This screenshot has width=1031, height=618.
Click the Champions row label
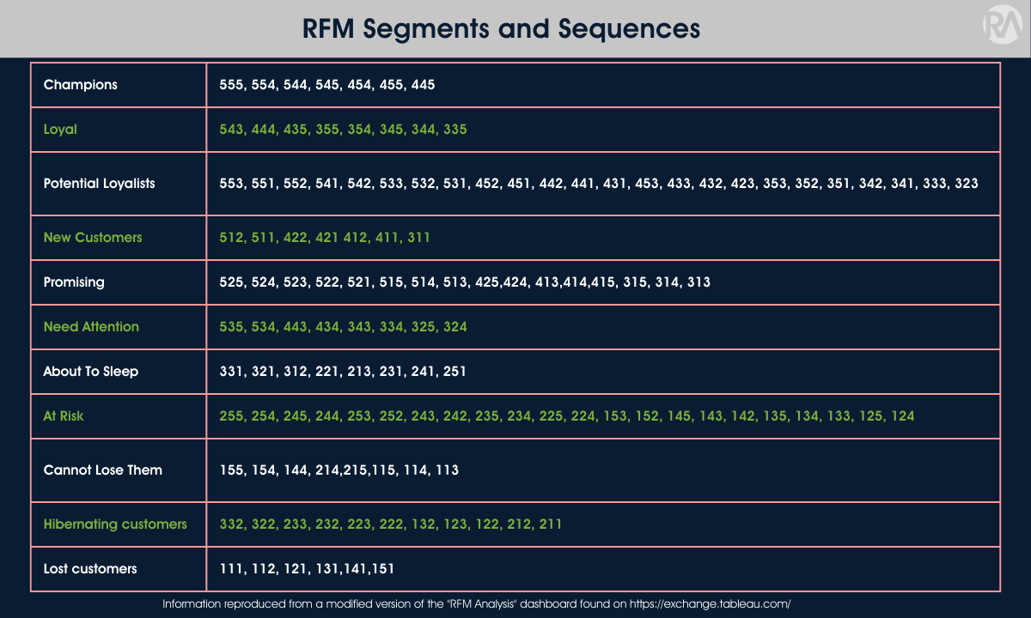(80, 85)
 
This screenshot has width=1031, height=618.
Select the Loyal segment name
(60, 130)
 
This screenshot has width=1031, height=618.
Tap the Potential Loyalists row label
(99, 184)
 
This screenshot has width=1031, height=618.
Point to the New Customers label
(93, 238)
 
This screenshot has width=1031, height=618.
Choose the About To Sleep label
(90, 372)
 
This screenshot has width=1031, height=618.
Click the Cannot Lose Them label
(102, 470)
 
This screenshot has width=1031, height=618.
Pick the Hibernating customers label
(115, 524)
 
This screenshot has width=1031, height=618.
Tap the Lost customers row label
(89, 569)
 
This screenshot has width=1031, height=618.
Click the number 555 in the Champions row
(231, 85)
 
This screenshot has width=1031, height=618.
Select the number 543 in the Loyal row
(231, 130)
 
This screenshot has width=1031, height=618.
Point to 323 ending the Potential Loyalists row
(967, 184)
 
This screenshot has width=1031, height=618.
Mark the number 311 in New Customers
(419, 238)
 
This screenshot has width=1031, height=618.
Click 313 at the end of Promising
(699, 282)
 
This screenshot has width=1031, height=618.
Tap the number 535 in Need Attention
(231, 327)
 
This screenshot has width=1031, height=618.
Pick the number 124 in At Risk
(903, 416)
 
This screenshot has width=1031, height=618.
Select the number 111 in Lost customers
(231, 569)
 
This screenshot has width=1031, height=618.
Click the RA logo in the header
(1000, 27)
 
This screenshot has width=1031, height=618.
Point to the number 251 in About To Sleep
(454, 372)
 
